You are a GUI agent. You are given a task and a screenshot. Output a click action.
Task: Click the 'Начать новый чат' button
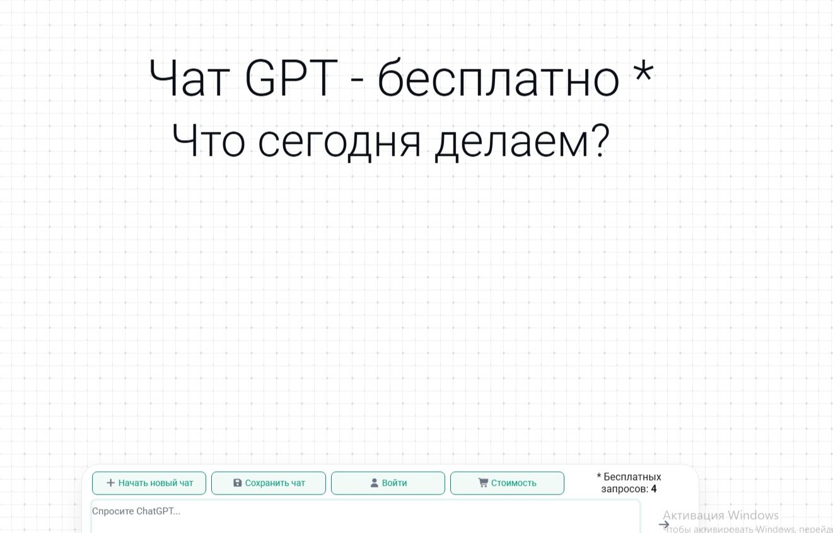pyautogui.click(x=149, y=483)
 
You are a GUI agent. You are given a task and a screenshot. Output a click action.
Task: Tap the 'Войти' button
pyautogui.click(x=388, y=483)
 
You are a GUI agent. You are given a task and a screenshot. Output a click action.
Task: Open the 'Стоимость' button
pyautogui.click(x=507, y=483)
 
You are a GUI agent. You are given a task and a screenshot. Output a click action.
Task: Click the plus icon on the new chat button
pyautogui.click(x=110, y=483)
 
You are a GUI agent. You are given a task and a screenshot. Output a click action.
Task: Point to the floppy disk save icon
pyautogui.click(x=238, y=483)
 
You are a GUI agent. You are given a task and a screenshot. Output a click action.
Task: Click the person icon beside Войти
pyautogui.click(x=374, y=483)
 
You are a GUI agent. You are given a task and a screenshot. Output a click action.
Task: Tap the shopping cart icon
pyautogui.click(x=483, y=483)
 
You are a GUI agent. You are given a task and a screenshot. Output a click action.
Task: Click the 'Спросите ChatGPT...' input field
pyautogui.click(x=366, y=516)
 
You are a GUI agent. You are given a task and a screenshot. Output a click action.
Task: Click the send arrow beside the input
pyautogui.click(x=663, y=524)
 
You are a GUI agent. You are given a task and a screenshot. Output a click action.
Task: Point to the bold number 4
pyautogui.click(x=654, y=489)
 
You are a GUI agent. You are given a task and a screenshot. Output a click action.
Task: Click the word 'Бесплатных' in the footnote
pyautogui.click(x=632, y=477)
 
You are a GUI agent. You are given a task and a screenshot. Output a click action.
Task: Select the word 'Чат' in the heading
pyautogui.click(x=188, y=79)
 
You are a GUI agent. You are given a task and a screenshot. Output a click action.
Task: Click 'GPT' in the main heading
pyautogui.click(x=291, y=79)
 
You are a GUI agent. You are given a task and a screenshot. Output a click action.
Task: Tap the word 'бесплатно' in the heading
pyautogui.click(x=498, y=79)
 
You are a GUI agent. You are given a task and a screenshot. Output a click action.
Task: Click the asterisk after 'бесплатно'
pyautogui.click(x=643, y=71)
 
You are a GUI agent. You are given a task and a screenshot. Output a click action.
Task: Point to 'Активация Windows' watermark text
pyautogui.click(x=720, y=515)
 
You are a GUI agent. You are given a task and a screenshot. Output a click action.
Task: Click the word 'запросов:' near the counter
pyautogui.click(x=624, y=489)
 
